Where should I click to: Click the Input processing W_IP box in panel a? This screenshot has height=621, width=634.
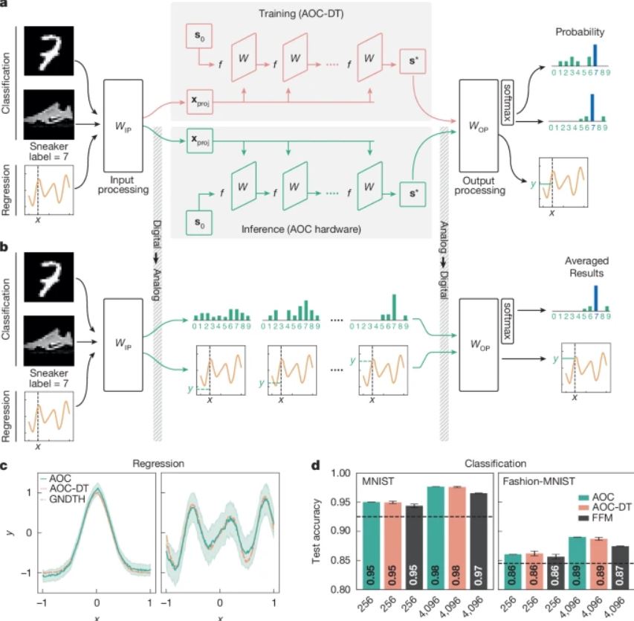124,123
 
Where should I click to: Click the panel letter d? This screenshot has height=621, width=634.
314,467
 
